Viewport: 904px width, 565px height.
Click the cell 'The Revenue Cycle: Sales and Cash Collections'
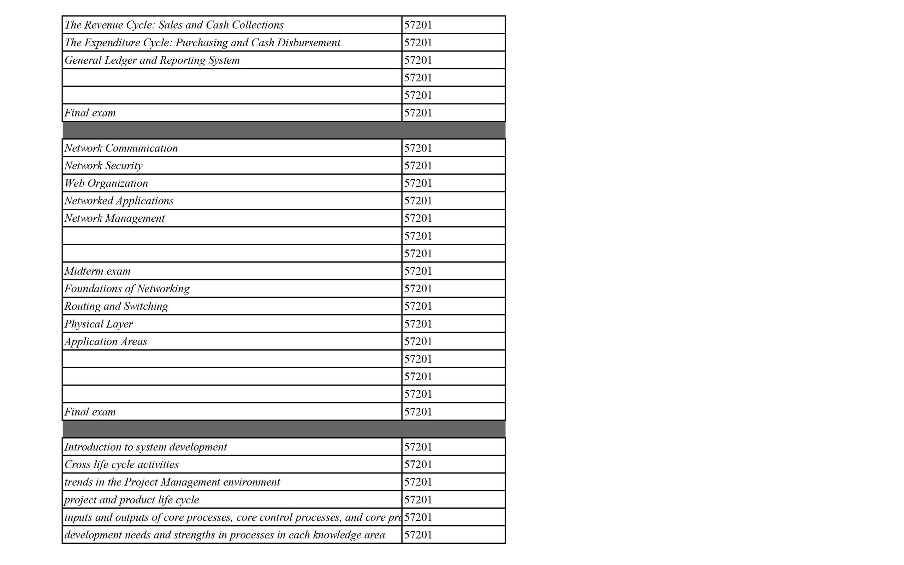pyautogui.click(x=174, y=25)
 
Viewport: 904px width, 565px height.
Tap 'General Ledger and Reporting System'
pyautogui.click(x=152, y=60)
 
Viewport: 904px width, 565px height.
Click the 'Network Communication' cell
pyautogui.click(x=121, y=148)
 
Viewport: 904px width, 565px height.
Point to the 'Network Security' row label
pyautogui.click(x=103, y=166)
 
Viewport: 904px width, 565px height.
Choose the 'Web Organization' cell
pyautogui.click(x=106, y=183)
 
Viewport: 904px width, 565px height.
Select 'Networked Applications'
pyautogui.click(x=119, y=201)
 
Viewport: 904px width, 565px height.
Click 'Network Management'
pyautogui.click(x=114, y=218)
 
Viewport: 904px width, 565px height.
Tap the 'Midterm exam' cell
pyautogui.click(x=97, y=271)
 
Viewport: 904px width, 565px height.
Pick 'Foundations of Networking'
pyautogui.click(x=127, y=289)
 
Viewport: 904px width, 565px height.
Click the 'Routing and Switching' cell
pyautogui.click(x=116, y=306)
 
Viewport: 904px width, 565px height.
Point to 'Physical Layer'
pyautogui.click(x=99, y=323)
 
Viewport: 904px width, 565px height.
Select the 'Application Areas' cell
pyautogui.click(x=106, y=341)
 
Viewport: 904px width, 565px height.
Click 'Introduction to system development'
pyautogui.click(x=146, y=447)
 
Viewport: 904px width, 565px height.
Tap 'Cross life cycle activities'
pyautogui.click(x=121, y=464)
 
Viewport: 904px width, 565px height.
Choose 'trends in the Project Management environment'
pyautogui.click(x=172, y=482)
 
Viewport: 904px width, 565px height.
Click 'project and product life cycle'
pyautogui.click(x=131, y=500)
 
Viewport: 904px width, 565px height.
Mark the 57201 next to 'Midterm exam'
pyautogui.click(x=418, y=271)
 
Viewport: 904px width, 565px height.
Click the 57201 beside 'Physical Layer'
pyautogui.click(x=418, y=323)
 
